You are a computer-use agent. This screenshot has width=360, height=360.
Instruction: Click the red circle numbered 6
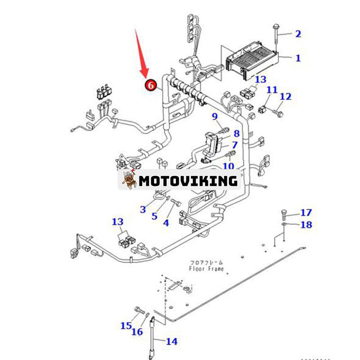tap(150, 84)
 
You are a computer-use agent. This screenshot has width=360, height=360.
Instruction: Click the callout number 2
tap(297, 33)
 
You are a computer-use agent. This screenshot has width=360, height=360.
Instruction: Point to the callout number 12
tap(285, 96)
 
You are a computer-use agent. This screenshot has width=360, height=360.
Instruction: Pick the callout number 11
tap(272, 90)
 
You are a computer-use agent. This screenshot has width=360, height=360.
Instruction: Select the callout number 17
tap(306, 212)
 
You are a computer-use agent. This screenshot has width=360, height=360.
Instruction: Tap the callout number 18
tap(306, 224)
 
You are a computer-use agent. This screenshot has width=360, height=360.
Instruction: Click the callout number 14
tap(171, 342)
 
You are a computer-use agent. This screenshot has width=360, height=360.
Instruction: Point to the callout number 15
tap(126, 325)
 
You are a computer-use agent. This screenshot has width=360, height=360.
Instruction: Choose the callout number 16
tap(137, 332)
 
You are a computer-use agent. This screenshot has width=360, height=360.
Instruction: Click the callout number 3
tap(143, 209)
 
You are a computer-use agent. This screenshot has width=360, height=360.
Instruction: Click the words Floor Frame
tap(206, 269)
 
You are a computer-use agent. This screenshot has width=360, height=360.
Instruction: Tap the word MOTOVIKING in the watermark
tap(188, 181)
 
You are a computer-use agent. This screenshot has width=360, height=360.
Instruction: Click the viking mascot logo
tap(129, 180)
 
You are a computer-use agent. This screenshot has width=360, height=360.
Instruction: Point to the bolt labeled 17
tap(285, 213)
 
